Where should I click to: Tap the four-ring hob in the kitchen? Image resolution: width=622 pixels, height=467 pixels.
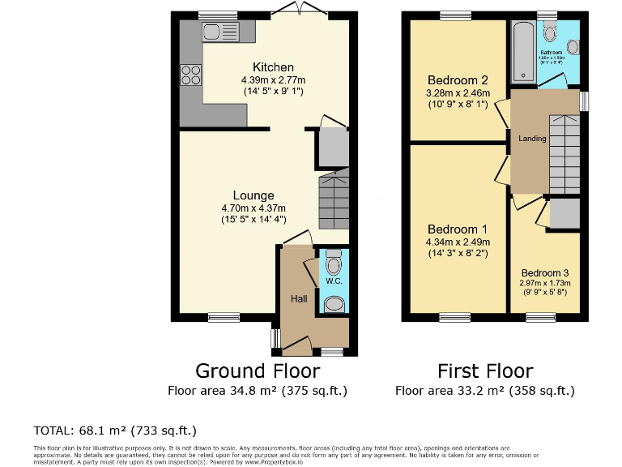point(191,75)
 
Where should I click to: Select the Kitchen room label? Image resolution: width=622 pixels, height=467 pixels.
point(273,66)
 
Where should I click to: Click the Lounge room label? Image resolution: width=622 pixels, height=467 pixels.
point(253,195)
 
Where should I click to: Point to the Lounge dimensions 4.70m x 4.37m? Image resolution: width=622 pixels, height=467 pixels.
point(253,208)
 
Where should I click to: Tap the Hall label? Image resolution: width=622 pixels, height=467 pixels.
point(299,299)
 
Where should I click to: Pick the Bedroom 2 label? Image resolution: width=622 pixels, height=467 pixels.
point(458,80)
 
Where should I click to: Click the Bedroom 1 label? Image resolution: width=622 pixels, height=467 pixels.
point(458,229)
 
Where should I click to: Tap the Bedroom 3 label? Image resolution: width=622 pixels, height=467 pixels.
point(546,272)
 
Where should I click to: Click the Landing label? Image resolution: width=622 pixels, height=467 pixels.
point(532,139)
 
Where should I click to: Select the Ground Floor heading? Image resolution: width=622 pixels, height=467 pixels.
point(258,371)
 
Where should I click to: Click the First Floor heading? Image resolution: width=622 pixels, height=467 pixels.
point(485,371)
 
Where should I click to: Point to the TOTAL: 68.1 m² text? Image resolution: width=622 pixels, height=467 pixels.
point(114,430)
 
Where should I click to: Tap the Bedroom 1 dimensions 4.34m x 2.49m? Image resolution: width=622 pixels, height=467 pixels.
point(458,242)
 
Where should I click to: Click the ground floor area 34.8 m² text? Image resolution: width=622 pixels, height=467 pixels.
point(258,391)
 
